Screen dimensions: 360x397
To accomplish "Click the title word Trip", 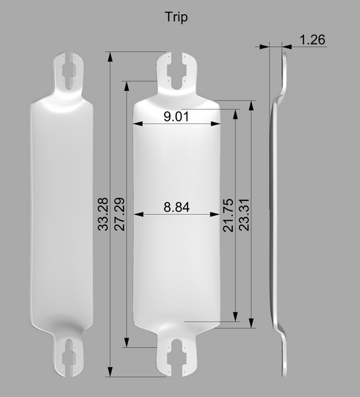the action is [176, 17].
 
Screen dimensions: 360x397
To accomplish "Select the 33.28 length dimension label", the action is [103, 214].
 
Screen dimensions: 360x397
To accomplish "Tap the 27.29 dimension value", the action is [120, 214].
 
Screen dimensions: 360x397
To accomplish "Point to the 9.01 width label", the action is [176, 117].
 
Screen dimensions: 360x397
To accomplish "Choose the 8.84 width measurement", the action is [176, 207].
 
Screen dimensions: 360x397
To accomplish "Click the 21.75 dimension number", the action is [228, 215].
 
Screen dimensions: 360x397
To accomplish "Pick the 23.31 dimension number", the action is [245, 215].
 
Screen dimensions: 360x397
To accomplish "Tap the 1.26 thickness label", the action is [312, 40].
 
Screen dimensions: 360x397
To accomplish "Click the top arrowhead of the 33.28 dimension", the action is [109, 57].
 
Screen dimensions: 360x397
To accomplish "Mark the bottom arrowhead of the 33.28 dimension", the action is [109, 371].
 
